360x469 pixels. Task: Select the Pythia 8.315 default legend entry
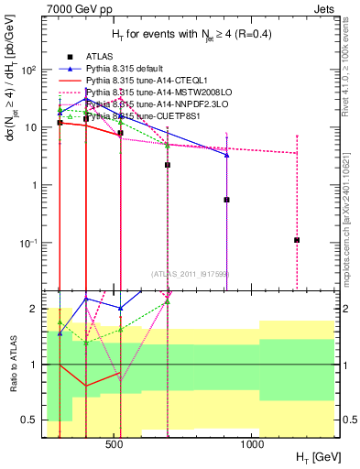click(x=127, y=68)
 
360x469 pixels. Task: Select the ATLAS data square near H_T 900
click(x=226, y=199)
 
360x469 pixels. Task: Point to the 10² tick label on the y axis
click(x=30, y=70)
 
